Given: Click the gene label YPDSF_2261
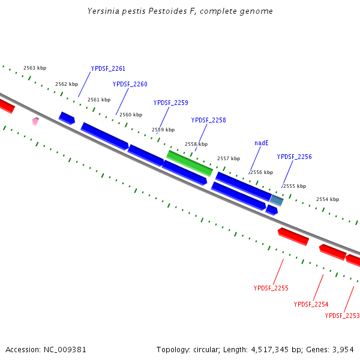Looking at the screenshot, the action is tap(108, 68).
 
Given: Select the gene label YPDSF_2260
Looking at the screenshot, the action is tap(130, 84).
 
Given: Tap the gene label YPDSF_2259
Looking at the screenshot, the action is tap(170, 103).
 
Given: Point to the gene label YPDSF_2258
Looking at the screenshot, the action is tap(208, 120).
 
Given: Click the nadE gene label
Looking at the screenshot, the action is tap(261, 143).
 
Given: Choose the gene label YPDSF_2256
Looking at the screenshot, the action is tap(294, 157).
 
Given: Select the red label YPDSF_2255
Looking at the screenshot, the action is tap(271, 288).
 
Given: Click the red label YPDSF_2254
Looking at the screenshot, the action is tap(311, 304).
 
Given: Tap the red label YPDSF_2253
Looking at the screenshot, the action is tap(342, 316).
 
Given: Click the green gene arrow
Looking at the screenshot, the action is tap(189, 163).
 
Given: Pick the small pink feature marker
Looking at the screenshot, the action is tap(35, 121).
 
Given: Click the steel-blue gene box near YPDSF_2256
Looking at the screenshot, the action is tap(276, 200).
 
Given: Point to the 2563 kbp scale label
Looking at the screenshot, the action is tap(35, 68).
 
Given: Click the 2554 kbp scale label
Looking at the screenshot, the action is tap(327, 199).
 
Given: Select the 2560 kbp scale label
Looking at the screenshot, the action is tap(131, 115).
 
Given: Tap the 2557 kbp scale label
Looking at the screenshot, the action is tap(228, 158).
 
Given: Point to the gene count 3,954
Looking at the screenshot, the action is tap(342, 349).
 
